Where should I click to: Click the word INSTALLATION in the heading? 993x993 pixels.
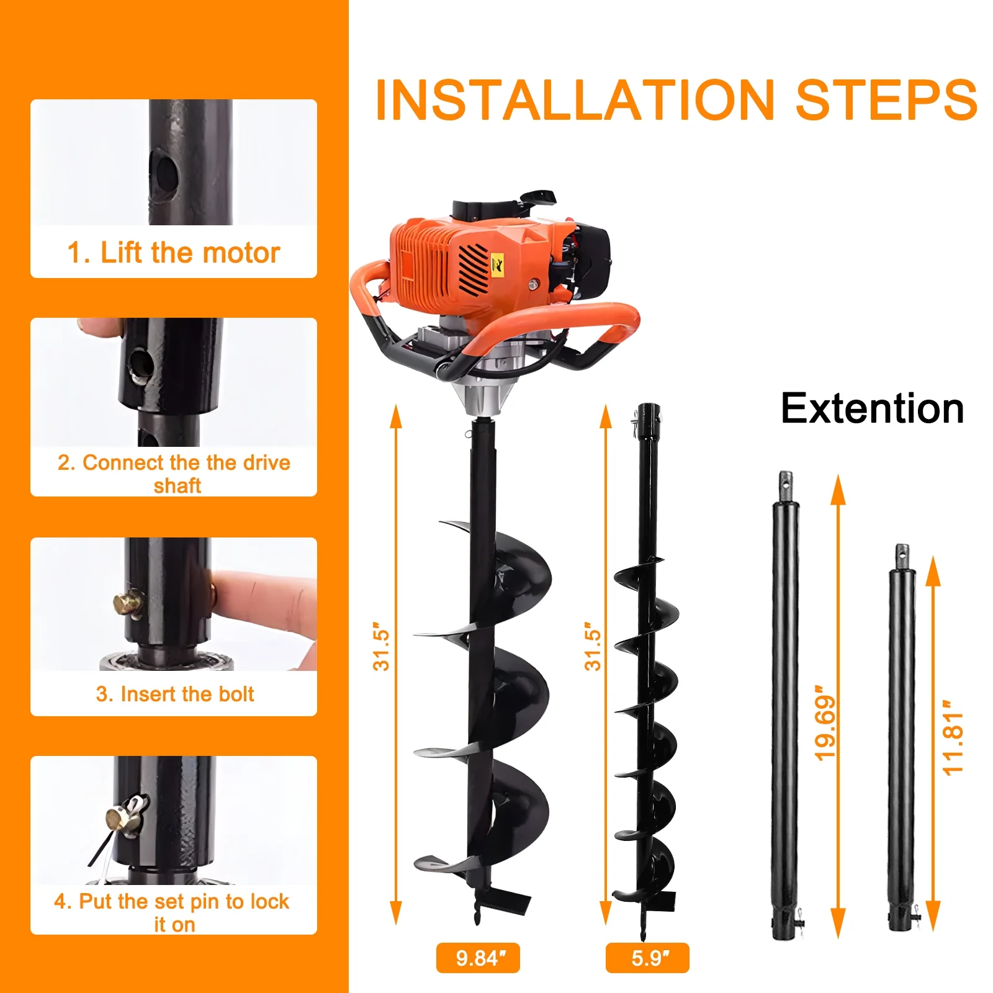[574, 101]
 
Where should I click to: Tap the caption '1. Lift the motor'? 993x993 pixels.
[174, 253]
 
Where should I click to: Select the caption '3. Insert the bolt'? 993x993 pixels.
[175, 694]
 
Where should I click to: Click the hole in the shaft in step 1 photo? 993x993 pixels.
[165, 175]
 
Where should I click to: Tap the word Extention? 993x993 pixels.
[872, 409]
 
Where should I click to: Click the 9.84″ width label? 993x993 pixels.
[478, 958]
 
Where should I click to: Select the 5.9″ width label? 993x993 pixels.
[647, 958]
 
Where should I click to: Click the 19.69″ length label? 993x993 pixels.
[826, 722]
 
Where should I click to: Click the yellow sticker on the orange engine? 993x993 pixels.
[497, 263]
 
